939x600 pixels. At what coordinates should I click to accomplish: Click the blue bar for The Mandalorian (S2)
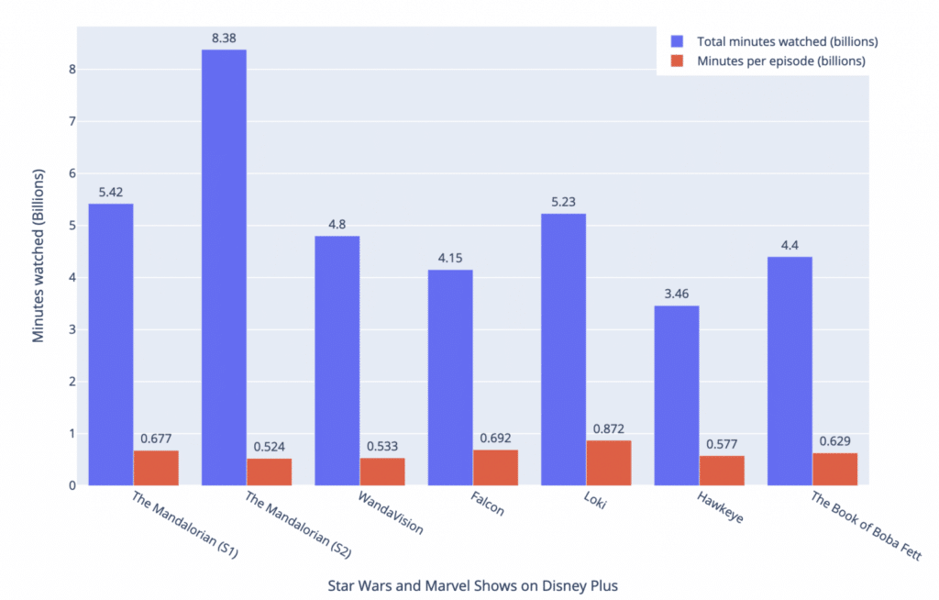[224, 266]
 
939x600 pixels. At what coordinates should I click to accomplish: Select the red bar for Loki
[609, 463]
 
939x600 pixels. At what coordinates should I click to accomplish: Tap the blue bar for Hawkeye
[677, 394]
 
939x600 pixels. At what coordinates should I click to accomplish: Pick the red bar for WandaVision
[382, 472]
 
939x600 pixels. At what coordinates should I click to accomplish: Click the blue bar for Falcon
[450, 376]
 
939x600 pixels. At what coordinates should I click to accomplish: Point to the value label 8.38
[224, 39]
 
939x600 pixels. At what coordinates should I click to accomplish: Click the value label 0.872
[609, 429]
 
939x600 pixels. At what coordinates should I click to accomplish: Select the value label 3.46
[677, 294]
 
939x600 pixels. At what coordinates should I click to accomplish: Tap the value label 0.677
[156, 439]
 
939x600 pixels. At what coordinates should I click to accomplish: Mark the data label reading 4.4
[790, 246]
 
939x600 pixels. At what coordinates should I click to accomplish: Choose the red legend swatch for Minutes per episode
[678, 61]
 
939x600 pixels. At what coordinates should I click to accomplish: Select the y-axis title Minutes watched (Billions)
[39, 255]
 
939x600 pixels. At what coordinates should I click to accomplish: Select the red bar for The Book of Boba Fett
[835, 469]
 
